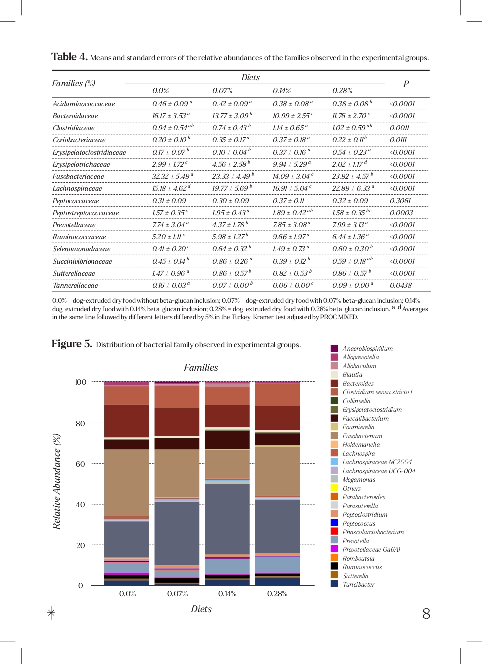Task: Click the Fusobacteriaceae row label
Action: [78, 176]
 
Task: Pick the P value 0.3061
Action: [400, 201]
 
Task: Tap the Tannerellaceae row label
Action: [75, 285]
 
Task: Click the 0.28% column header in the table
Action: [342, 91]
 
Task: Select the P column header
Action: [406, 84]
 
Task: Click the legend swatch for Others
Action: [334, 488]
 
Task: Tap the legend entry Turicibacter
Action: [358, 584]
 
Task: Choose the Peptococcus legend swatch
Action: [334, 523]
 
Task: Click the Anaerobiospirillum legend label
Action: [367, 348]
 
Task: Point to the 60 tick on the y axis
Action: [80, 464]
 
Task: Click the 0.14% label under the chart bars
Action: [227, 594]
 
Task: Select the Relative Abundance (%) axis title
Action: [57, 481]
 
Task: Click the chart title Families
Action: [201, 367]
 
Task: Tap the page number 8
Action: [426, 613]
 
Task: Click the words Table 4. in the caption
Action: [69, 57]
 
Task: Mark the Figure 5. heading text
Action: [72, 344]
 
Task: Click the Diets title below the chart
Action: [201, 609]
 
